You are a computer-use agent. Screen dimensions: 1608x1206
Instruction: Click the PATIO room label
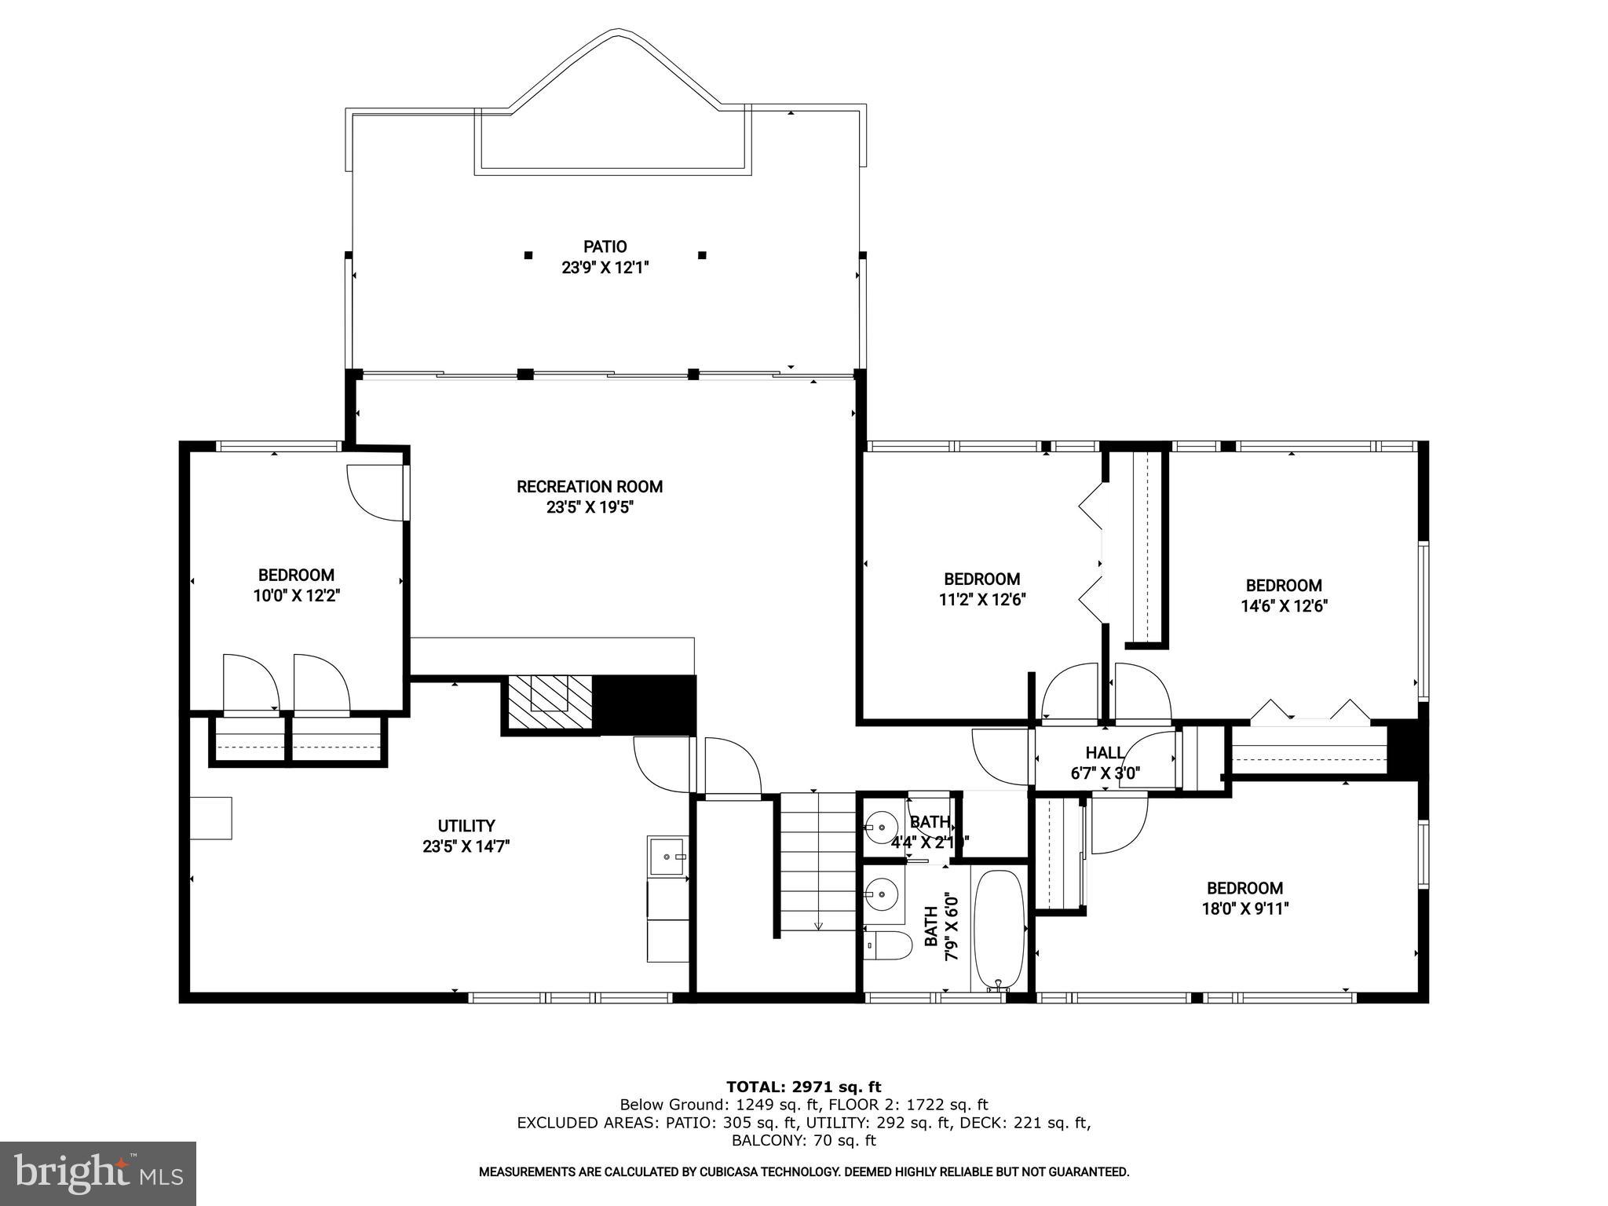click(605, 247)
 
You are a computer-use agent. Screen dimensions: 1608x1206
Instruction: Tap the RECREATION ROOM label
click(590, 487)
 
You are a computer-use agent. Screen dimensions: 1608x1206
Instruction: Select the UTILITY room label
click(466, 826)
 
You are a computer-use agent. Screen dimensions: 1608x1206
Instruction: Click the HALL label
click(1105, 754)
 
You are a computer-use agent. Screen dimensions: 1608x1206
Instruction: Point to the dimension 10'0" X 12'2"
click(296, 596)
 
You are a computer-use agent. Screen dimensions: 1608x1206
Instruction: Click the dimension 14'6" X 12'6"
click(1284, 606)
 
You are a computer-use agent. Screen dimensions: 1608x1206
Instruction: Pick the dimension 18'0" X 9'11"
click(1244, 909)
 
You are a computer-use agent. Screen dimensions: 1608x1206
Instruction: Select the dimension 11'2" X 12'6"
click(982, 600)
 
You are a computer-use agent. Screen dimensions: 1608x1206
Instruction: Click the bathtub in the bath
click(1000, 930)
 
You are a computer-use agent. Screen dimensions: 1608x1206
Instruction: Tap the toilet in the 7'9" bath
click(888, 945)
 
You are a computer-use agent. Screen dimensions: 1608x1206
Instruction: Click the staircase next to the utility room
click(817, 862)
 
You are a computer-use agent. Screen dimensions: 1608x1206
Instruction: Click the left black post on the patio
click(528, 254)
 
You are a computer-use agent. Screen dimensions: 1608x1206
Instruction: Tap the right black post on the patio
click(702, 254)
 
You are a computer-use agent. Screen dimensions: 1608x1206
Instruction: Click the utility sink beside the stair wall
click(667, 856)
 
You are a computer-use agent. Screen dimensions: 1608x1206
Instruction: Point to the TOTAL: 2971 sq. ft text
click(804, 1087)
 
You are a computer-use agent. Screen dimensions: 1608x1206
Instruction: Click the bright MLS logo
click(97, 1173)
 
